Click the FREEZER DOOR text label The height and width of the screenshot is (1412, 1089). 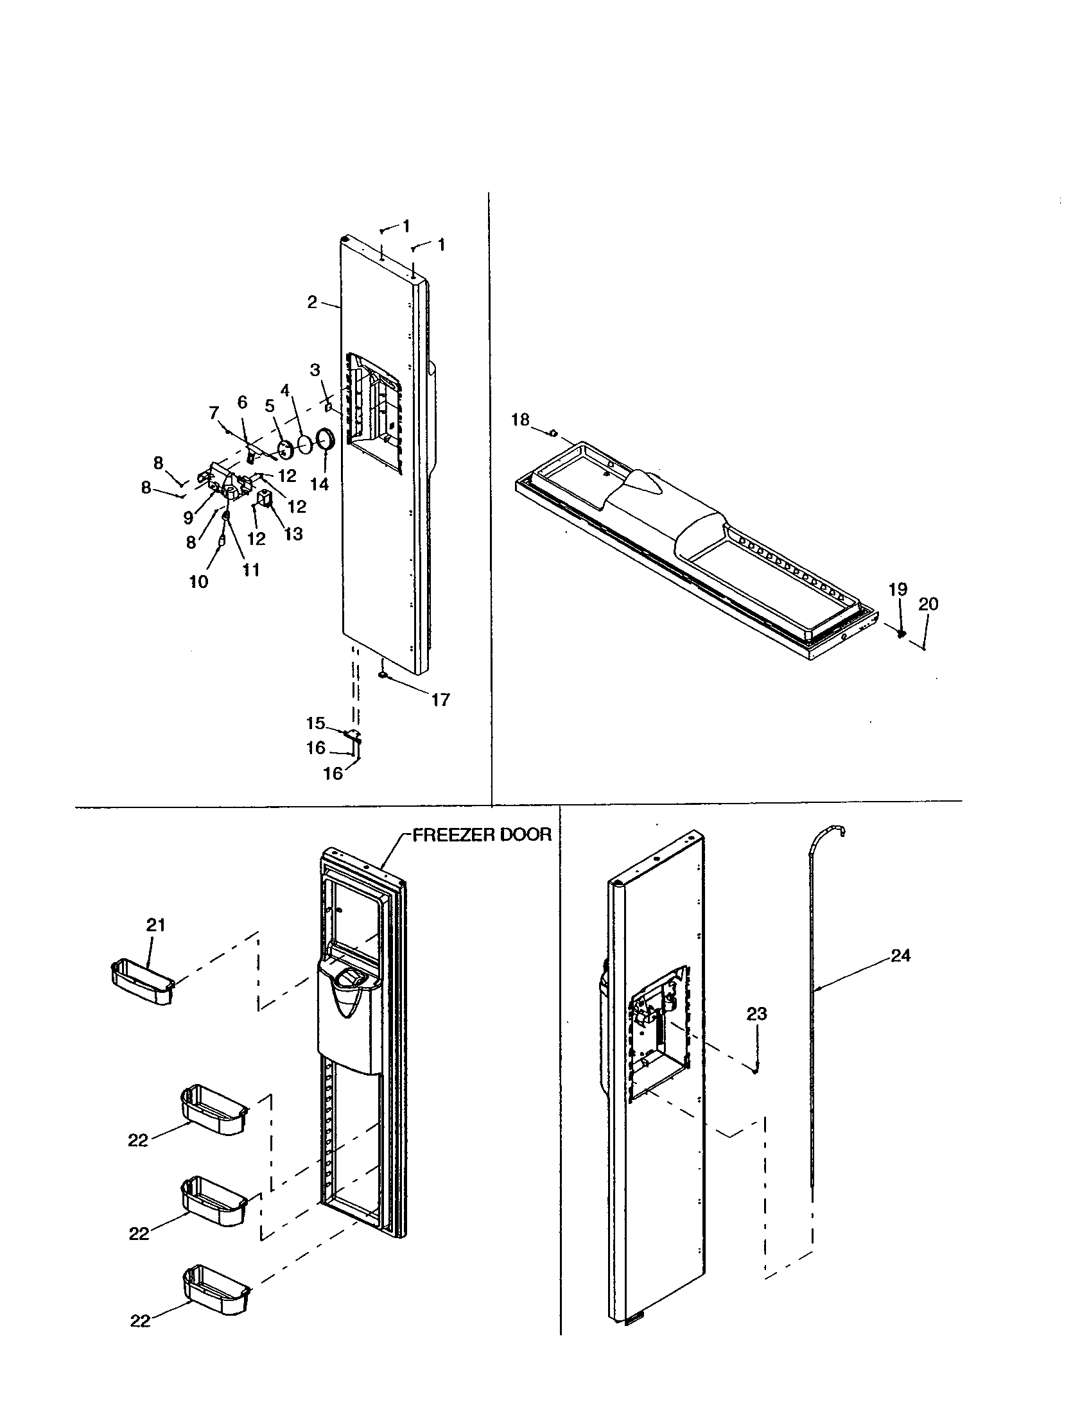[x=482, y=834]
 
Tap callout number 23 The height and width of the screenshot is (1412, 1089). [x=756, y=1013]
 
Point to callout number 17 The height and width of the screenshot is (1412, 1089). [x=440, y=700]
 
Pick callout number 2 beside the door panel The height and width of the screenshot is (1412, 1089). [x=312, y=302]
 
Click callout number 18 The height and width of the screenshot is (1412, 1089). [x=520, y=420]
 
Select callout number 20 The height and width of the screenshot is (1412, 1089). [x=928, y=604]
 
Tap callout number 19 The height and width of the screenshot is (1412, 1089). [x=898, y=590]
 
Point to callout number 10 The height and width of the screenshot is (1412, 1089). [x=198, y=581]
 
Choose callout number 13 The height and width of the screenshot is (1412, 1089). [x=293, y=534]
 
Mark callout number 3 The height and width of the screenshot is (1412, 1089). [x=315, y=370]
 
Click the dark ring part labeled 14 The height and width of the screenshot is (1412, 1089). [x=326, y=441]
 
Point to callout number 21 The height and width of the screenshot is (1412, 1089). [x=156, y=925]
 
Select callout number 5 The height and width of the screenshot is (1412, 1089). [x=270, y=406]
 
